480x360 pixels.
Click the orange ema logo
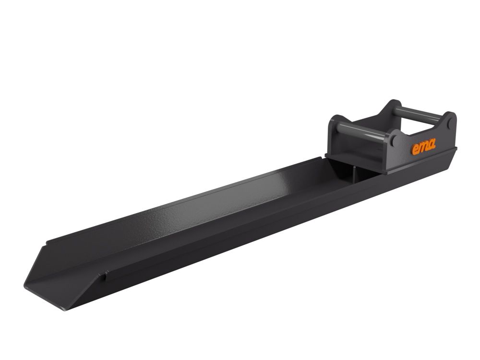tap(423, 146)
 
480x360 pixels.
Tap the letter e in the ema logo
tap(415, 150)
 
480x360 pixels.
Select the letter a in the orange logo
tap(432, 144)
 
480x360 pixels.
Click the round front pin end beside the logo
tap(393, 140)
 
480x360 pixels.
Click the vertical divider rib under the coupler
tap(354, 175)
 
